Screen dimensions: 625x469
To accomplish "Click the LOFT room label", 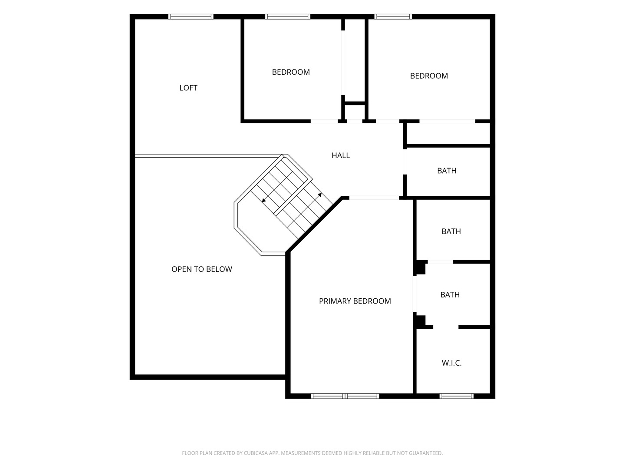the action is point(188,88).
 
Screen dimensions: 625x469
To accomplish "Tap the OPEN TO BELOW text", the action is point(201,269).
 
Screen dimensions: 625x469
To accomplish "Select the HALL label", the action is point(341,155).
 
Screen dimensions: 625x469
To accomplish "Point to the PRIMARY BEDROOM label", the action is point(355,301).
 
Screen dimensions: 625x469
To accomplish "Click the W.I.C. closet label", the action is point(451,363).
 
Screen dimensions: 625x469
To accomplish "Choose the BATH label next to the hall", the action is point(447,171).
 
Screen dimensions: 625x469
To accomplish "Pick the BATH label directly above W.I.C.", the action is point(450,295).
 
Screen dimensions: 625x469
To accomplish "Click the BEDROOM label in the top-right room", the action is point(429,76).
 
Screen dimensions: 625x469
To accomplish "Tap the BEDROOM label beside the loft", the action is point(291,72).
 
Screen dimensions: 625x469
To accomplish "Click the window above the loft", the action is point(191,17).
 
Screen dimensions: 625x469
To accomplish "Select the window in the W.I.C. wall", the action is point(457,396).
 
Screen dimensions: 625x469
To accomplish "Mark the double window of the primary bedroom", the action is point(345,396).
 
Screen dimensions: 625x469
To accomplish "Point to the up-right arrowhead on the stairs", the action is point(320,195).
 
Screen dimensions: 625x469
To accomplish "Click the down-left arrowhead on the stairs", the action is point(264,200).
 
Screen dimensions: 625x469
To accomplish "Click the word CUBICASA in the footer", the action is point(256,453).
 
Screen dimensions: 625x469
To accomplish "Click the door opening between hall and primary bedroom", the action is point(374,198).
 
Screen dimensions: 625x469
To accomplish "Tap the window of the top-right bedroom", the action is point(393,17).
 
